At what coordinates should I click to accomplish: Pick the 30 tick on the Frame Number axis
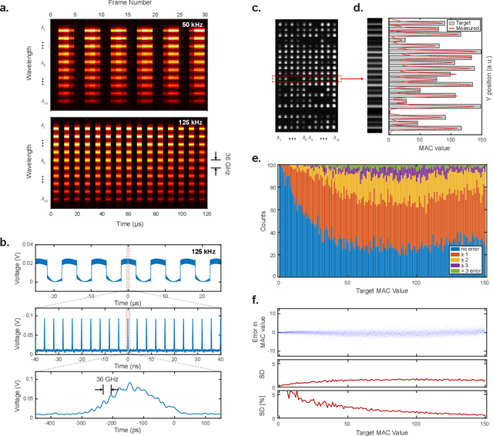click(203, 14)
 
